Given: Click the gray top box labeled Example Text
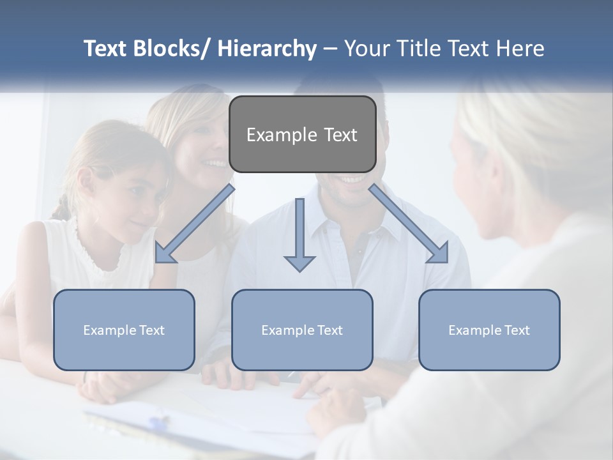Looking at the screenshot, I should (302, 134).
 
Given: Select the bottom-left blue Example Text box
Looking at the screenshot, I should (124, 330).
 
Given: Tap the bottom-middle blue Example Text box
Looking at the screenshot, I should (301, 330).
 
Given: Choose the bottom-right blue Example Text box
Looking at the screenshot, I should (489, 330).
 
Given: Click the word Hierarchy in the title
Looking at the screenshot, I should (266, 49).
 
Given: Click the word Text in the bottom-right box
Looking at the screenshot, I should (517, 330).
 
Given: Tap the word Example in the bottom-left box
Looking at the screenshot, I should (109, 330).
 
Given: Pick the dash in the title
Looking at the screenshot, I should (330, 49).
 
